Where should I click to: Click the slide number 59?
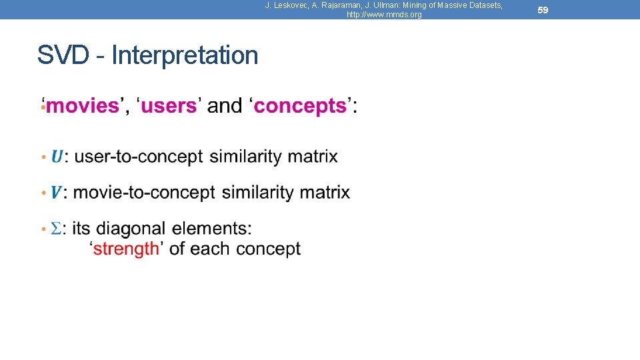click(x=543, y=10)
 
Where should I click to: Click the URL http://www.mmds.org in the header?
click(x=384, y=15)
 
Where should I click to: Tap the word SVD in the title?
click(x=63, y=55)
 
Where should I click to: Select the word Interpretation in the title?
click(x=185, y=55)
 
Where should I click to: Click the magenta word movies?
click(x=82, y=105)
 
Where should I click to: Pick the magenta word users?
click(x=169, y=105)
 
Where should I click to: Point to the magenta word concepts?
click(x=301, y=105)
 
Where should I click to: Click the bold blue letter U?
click(x=57, y=157)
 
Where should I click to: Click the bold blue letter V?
click(x=57, y=193)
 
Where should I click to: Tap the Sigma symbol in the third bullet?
click(x=57, y=229)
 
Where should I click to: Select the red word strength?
click(x=126, y=249)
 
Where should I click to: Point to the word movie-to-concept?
click(x=144, y=193)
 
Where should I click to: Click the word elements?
click(x=211, y=229)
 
